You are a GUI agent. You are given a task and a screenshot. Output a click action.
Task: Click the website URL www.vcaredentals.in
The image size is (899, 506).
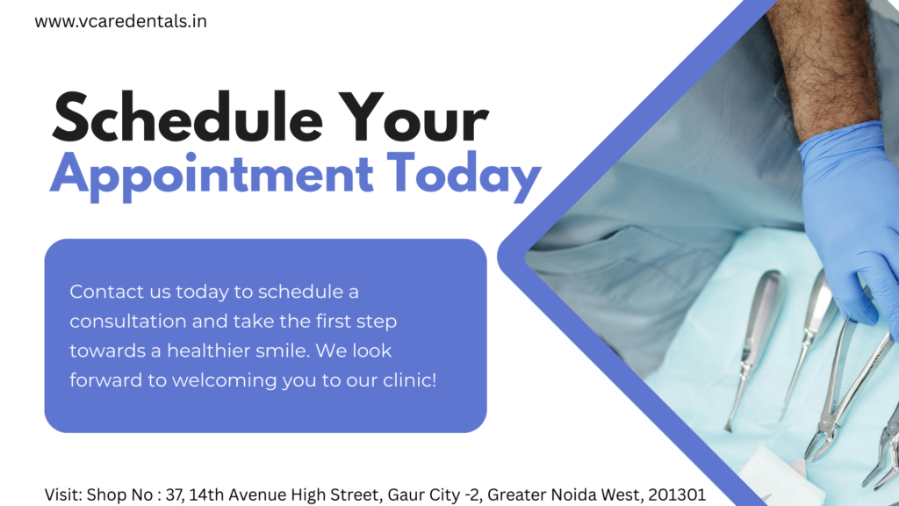[x=121, y=21]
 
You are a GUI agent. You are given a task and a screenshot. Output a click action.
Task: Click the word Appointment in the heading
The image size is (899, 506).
[x=212, y=173]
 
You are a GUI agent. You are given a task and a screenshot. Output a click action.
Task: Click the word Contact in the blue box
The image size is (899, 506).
[x=99, y=291]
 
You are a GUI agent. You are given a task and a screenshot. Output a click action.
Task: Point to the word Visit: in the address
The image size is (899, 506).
[x=64, y=495]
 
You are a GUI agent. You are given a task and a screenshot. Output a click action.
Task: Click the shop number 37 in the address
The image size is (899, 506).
[x=176, y=495]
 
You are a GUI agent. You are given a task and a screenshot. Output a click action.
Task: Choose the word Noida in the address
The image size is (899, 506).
[x=569, y=495]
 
